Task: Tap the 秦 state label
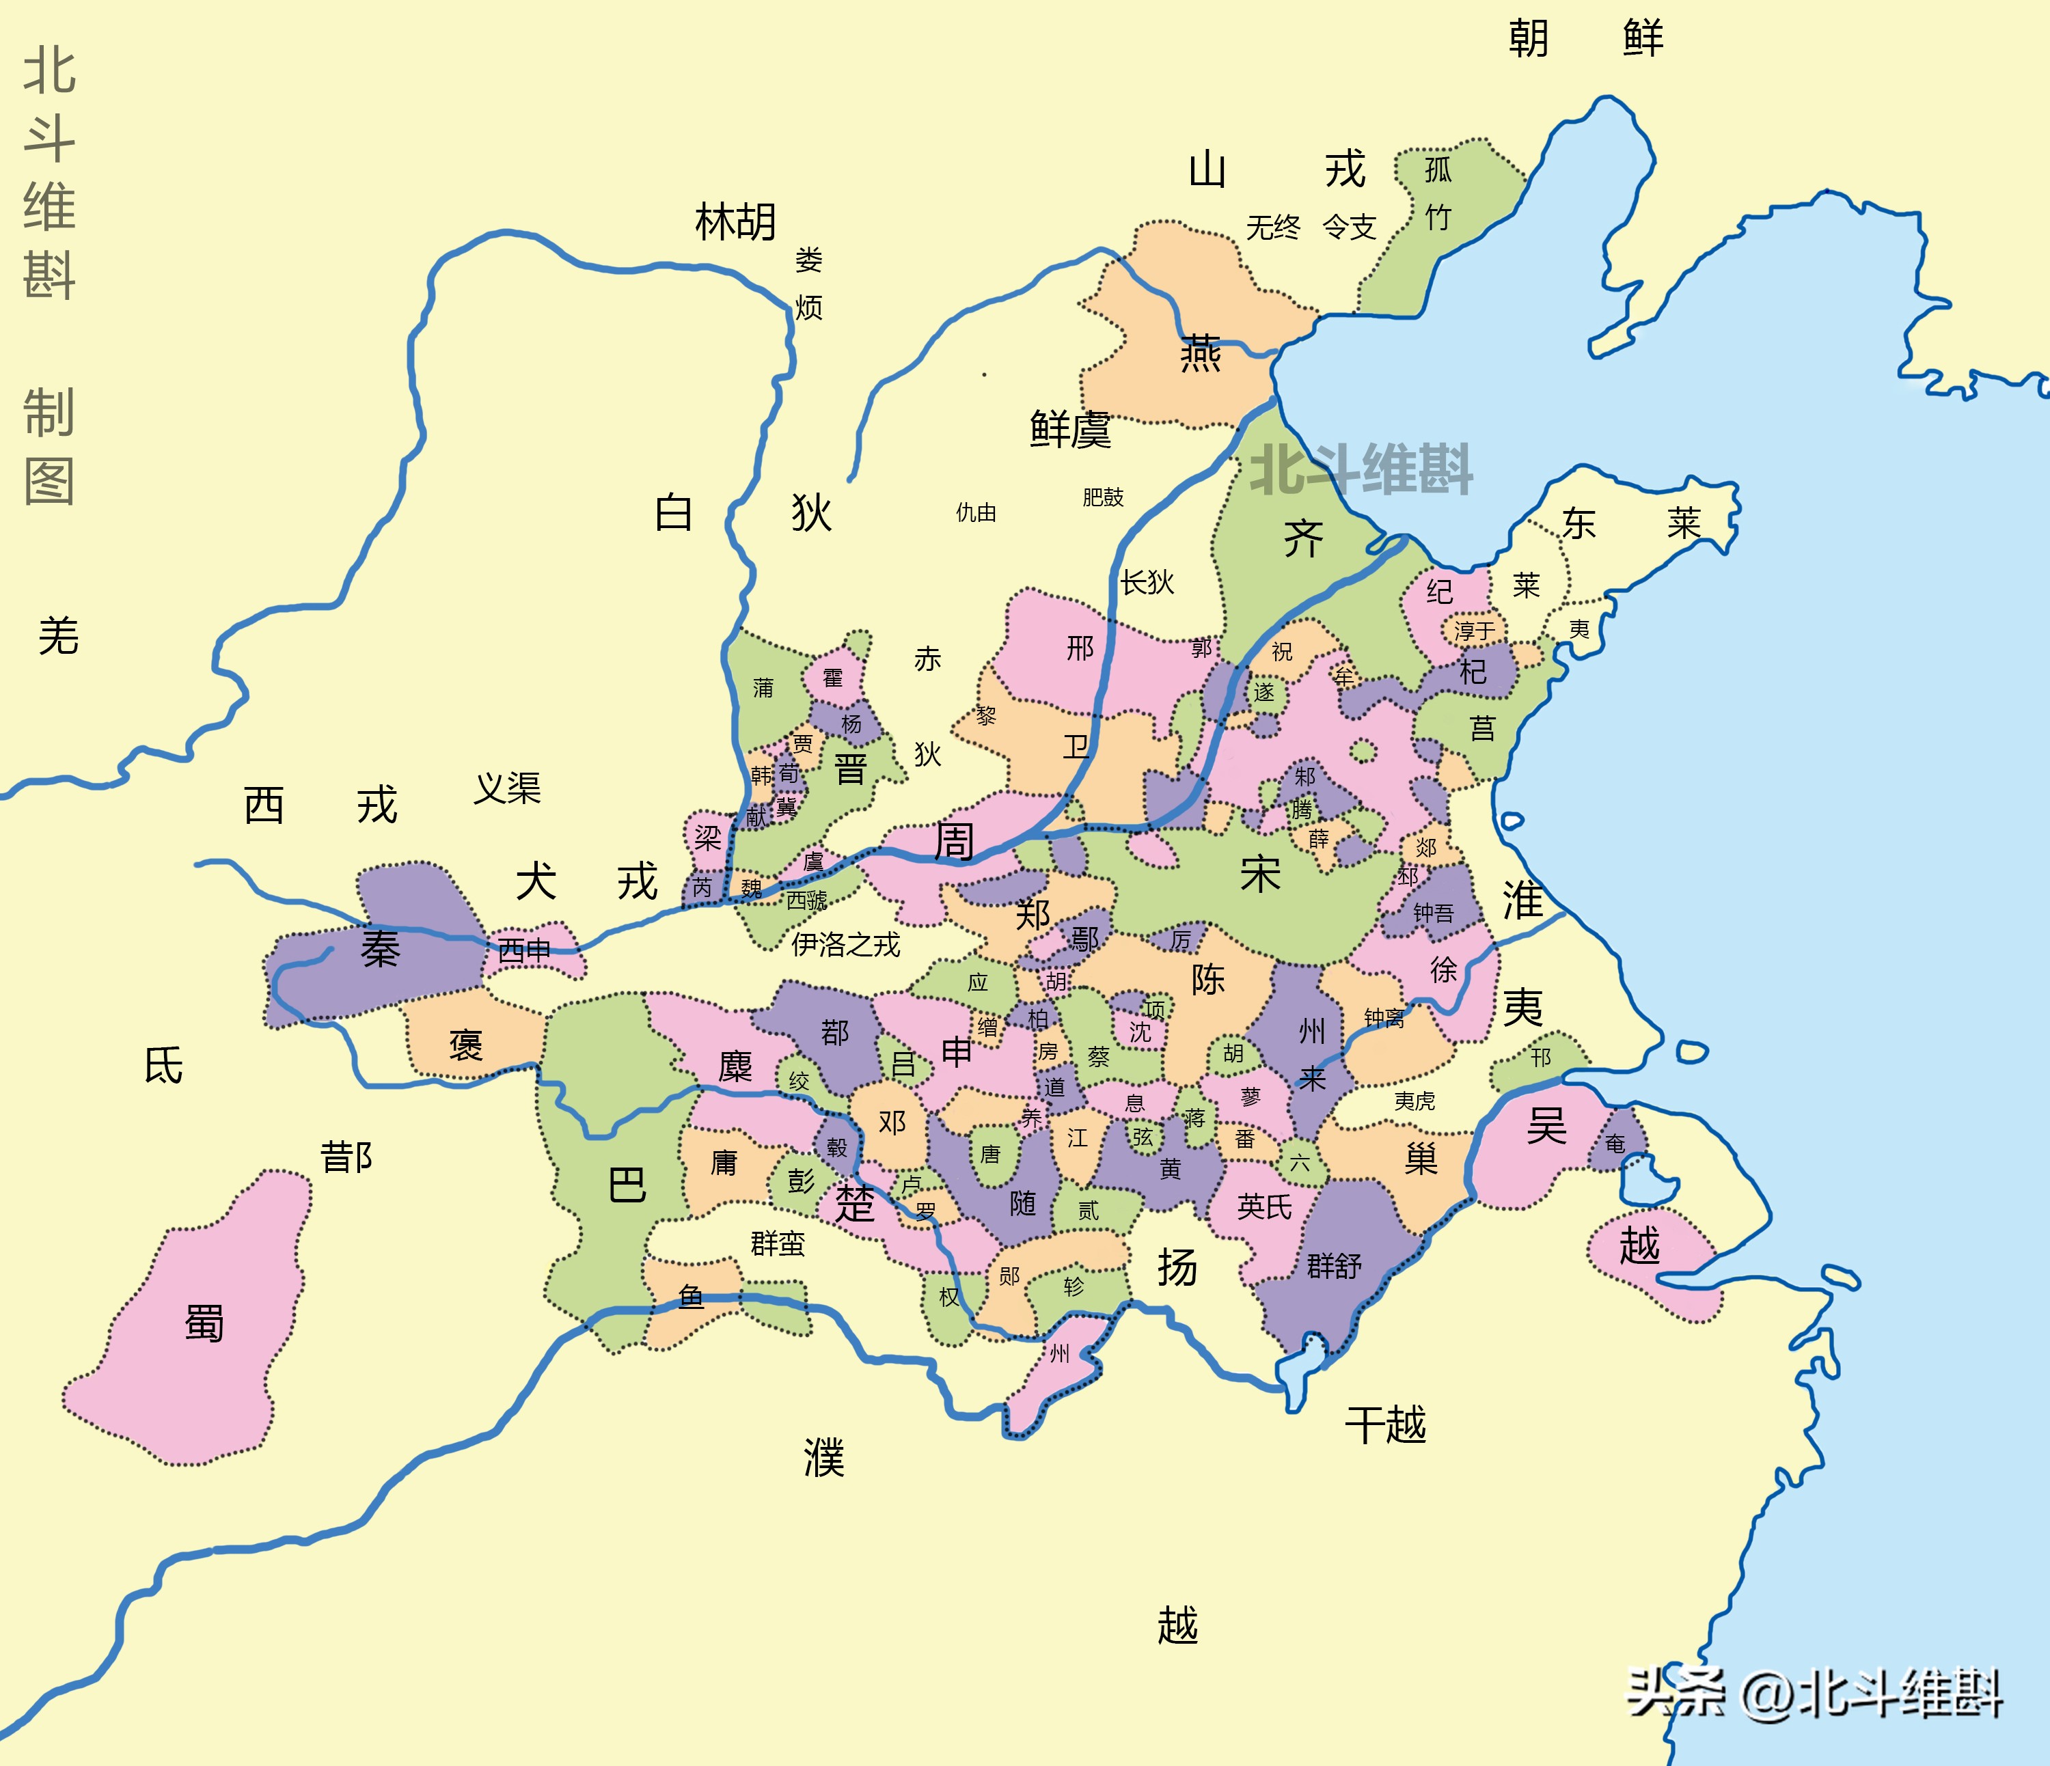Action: tap(380, 950)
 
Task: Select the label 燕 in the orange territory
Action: tap(1200, 353)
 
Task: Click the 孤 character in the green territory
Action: tap(1438, 170)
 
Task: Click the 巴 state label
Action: tap(627, 1184)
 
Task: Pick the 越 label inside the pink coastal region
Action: tap(1639, 1245)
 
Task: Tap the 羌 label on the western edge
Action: tap(58, 636)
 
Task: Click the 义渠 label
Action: tap(508, 788)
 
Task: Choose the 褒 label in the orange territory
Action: tap(465, 1045)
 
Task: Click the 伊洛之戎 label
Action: tap(846, 945)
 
